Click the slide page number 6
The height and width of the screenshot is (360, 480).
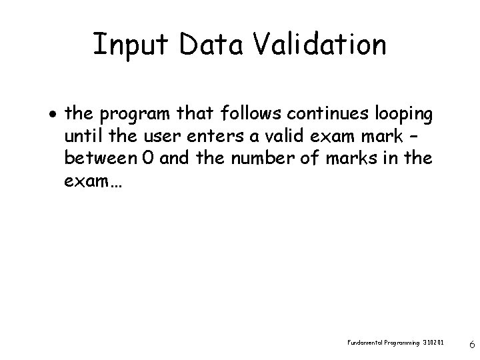[x=471, y=345]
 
